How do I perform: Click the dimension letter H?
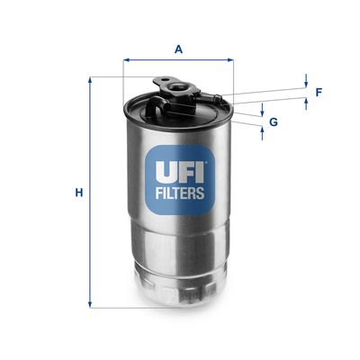79,193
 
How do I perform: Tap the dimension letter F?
318,92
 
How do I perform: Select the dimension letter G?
273,121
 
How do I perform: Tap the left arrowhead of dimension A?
126,60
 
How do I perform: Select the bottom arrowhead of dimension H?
90,303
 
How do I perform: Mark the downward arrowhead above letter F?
306,83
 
